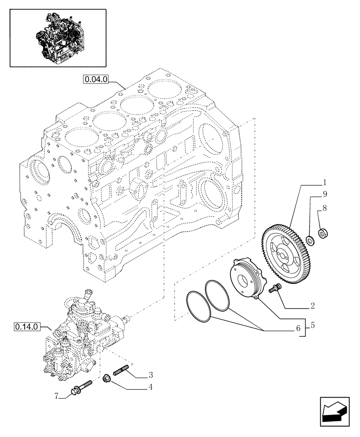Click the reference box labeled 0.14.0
[x=27, y=326]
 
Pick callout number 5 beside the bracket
[x=312, y=326]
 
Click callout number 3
[x=150, y=375]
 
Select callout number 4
[x=150, y=386]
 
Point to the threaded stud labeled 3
[x=122, y=371]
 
